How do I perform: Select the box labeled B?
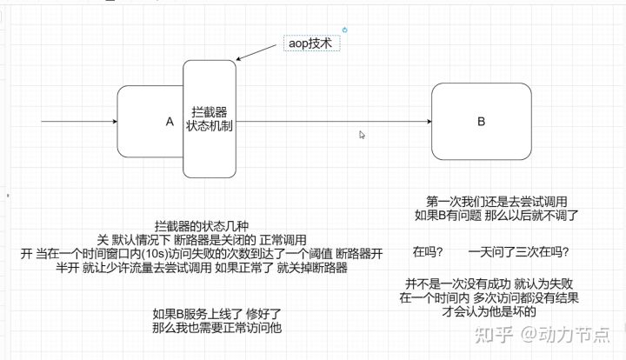[x=481, y=121]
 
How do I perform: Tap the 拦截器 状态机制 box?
[x=209, y=119]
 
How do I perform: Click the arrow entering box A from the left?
[x=78, y=122]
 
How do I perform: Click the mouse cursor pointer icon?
[x=363, y=135]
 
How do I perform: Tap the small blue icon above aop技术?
[x=345, y=30]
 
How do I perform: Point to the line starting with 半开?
[x=184, y=268]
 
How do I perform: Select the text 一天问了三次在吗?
[x=518, y=251]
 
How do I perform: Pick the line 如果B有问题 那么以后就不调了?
[x=496, y=213]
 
